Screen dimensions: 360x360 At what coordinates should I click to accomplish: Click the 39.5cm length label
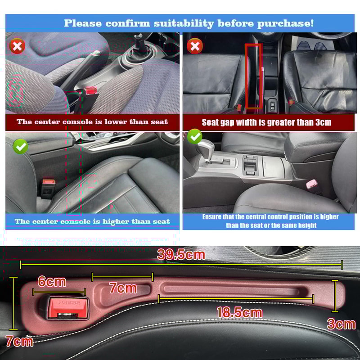click(x=181, y=255)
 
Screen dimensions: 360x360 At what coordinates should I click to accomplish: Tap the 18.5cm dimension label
click(x=239, y=312)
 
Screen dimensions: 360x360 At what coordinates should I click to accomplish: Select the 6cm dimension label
click(x=52, y=282)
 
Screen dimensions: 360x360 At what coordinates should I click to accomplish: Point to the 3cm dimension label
click(x=341, y=324)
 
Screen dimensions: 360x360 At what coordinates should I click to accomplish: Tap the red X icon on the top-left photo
click(x=18, y=46)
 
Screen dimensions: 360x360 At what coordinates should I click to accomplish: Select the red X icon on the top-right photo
click(x=194, y=46)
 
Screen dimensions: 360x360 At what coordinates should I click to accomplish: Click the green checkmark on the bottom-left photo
click(x=20, y=146)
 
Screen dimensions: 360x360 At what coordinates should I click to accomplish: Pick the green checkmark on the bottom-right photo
click(x=194, y=136)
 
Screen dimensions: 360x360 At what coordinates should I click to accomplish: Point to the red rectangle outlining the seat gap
click(x=253, y=76)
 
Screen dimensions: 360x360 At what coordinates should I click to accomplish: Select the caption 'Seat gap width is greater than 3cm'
click(x=266, y=122)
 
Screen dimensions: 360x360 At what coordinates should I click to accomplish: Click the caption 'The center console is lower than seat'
click(x=92, y=121)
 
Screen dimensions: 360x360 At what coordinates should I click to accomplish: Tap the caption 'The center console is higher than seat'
click(x=92, y=221)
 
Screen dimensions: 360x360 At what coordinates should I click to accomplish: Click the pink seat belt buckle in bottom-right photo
click(x=311, y=183)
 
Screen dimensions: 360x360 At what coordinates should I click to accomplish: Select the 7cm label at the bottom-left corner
click(x=19, y=341)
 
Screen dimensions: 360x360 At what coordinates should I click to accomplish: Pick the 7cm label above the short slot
click(x=123, y=288)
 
